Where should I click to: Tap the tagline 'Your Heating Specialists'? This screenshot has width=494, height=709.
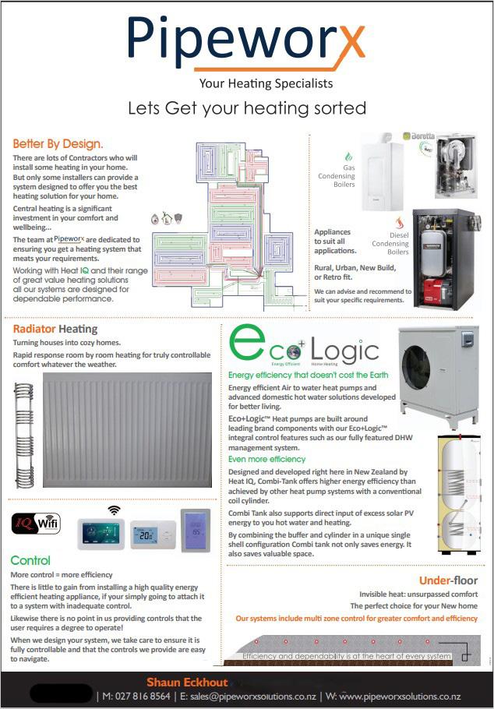pos(266,83)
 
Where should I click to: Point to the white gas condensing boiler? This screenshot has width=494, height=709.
pos(381,175)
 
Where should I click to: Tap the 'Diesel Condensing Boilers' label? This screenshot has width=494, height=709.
pos(389,243)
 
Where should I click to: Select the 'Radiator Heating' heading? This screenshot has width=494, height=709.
pos(55,329)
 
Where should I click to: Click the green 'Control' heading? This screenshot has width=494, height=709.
pos(30,561)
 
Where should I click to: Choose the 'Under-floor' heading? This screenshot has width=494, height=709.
pos(448,580)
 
